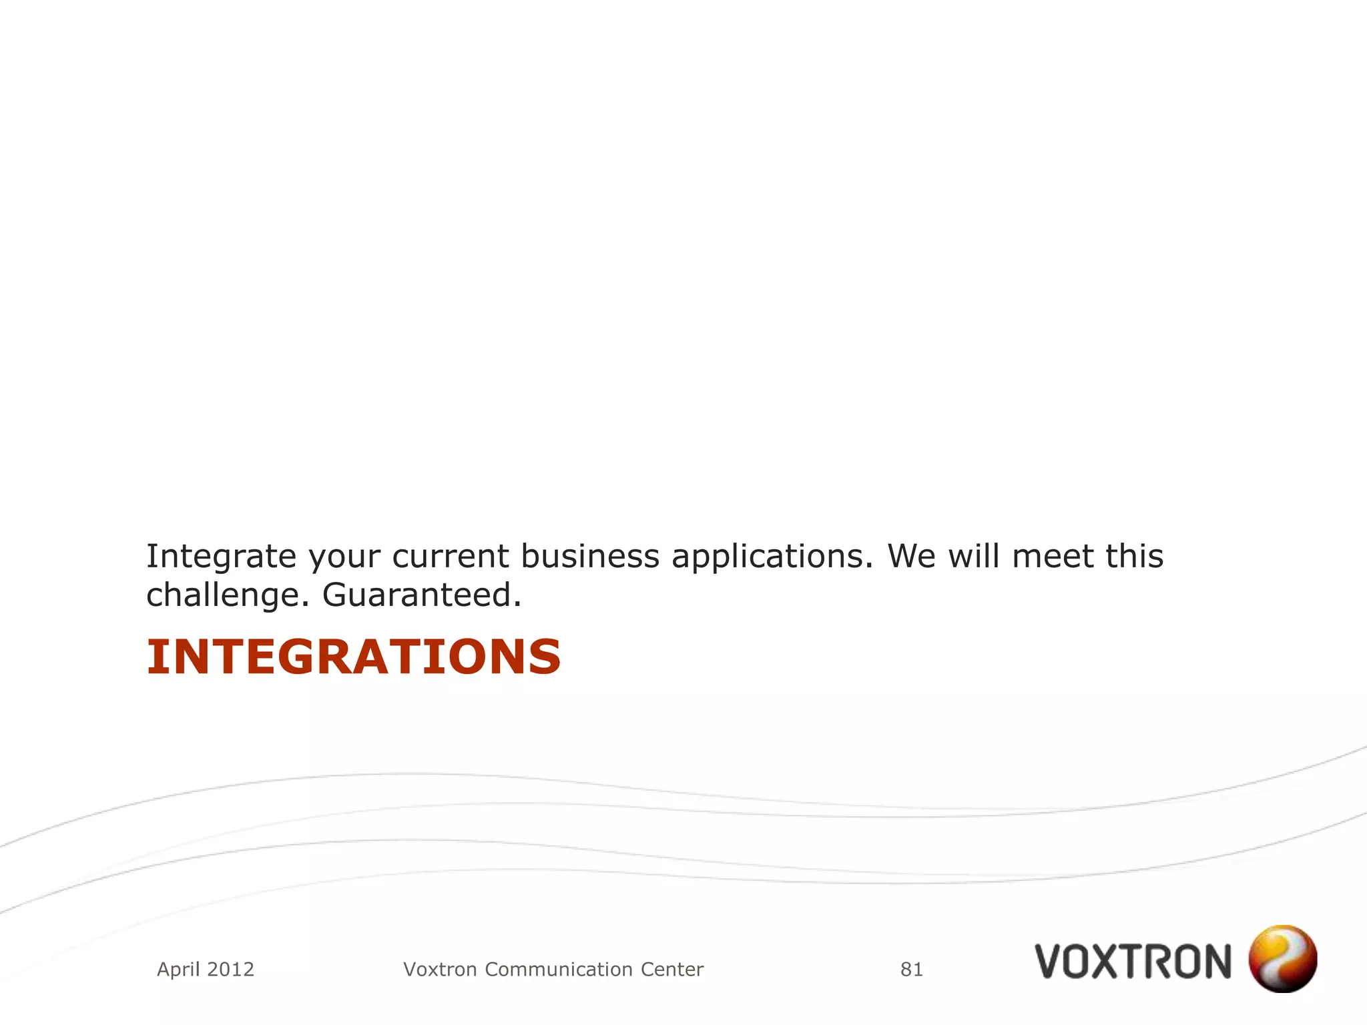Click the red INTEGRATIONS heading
[353, 657]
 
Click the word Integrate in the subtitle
[221, 557]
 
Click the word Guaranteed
[422, 595]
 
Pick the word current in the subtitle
[451, 557]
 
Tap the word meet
[1053, 557]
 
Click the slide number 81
[912, 970]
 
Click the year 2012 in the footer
[230, 970]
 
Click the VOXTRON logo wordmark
[1133, 962]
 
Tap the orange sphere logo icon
[1282, 958]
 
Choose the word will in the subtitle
[975, 557]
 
